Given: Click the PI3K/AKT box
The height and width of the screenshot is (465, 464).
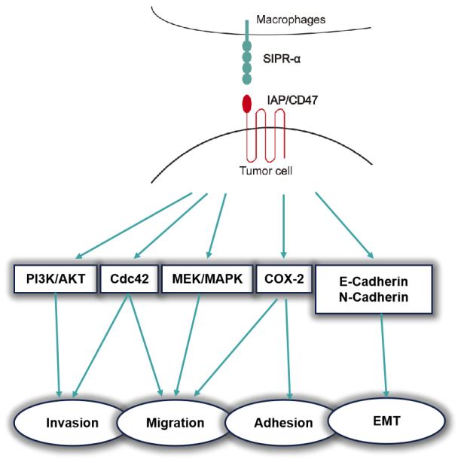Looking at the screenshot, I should click(x=55, y=278).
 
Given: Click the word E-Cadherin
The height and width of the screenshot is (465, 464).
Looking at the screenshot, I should click(x=373, y=280).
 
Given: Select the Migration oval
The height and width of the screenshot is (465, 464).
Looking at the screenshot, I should click(x=175, y=423).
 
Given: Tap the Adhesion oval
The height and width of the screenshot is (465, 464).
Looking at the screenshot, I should click(x=282, y=423).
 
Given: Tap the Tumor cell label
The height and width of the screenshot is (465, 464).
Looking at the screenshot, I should click(x=264, y=172).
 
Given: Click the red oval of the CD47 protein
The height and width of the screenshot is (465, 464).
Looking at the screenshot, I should click(x=246, y=103).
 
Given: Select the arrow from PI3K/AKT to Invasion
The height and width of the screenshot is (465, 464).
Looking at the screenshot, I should click(x=57, y=342).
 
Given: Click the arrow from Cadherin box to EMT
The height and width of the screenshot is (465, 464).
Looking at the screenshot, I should click(x=386, y=354).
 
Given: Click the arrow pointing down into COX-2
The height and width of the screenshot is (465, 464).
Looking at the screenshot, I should click(x=283, y=226).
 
